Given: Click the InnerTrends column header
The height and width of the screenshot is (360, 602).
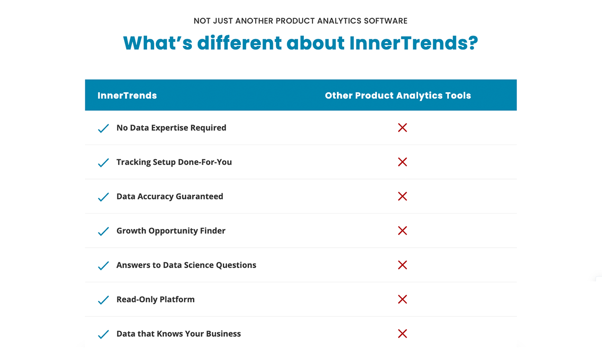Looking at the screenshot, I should [x=127, y=96].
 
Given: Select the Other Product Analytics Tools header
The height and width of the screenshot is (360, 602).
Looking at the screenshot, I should [x=398, y=96].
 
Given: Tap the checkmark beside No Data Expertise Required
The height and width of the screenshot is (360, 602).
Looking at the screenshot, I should [x=103, y=128].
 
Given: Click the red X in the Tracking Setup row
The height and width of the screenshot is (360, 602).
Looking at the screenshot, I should [x=402, y=162].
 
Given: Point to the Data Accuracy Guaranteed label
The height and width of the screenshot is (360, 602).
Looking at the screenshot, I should [x=170, y=197].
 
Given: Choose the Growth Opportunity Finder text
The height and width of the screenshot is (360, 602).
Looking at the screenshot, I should [x=171, y=231].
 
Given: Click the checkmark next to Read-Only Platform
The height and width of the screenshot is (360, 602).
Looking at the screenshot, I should [x=103, y=300].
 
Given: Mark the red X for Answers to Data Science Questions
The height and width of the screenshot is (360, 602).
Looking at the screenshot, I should [x=402, y=265].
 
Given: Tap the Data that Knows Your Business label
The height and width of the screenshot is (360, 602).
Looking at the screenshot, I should [x=179, y=334].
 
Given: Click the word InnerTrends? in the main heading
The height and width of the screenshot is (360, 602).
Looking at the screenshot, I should [x=413, y=43].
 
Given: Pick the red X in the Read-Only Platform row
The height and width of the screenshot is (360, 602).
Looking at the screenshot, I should [x=402, y=299].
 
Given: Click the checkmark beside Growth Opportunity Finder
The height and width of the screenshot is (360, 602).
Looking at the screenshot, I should [x=103, y=231].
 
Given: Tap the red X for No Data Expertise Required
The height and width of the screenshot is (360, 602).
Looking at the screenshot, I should [x=402, y=127].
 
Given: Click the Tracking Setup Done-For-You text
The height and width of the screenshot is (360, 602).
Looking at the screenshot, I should [x=174, y=162].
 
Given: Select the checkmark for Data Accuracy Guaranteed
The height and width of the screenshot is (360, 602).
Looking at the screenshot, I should [x=103, y=197].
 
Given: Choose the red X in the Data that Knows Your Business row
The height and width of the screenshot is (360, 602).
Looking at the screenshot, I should [x=402, y=334].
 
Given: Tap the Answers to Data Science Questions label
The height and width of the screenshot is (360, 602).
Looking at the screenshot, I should [x=186, y=265].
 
